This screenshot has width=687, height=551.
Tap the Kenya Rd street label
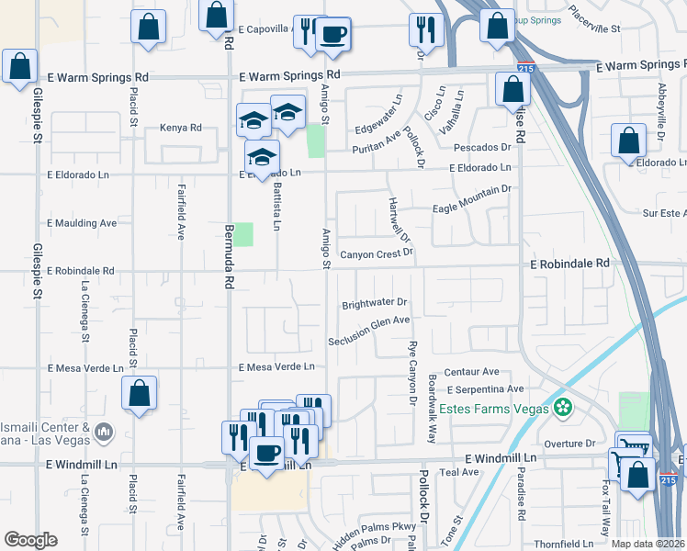click(x=180, y=128)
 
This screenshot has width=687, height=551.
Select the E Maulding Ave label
click(x=83, y=222)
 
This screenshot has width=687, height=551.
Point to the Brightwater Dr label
click(x=374, y=302)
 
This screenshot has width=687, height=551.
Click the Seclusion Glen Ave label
click(x=369, y=320)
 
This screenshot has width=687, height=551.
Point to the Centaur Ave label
click(x=471, y=372)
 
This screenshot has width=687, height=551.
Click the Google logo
click(x=30, y=540)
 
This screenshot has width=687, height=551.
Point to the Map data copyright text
click(x=648, y=544)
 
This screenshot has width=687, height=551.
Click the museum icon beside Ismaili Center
click(x=103, y=430)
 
